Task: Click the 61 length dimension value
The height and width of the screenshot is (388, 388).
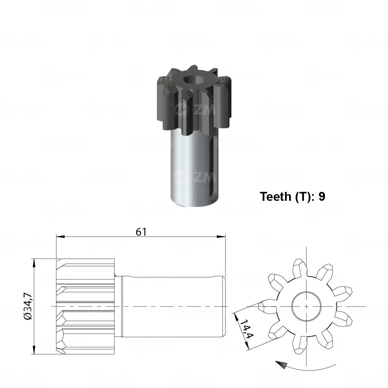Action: point(141,232)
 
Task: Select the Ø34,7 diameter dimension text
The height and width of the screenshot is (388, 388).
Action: point(28,306)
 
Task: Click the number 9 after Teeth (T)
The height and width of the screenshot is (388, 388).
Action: point(322,197)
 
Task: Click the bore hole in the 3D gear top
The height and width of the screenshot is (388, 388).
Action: point(193,80)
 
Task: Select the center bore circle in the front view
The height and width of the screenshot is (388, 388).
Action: point(306,306)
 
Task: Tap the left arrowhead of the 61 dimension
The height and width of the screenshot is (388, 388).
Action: point(60,236)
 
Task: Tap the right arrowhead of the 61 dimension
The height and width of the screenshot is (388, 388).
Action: point(221,236)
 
